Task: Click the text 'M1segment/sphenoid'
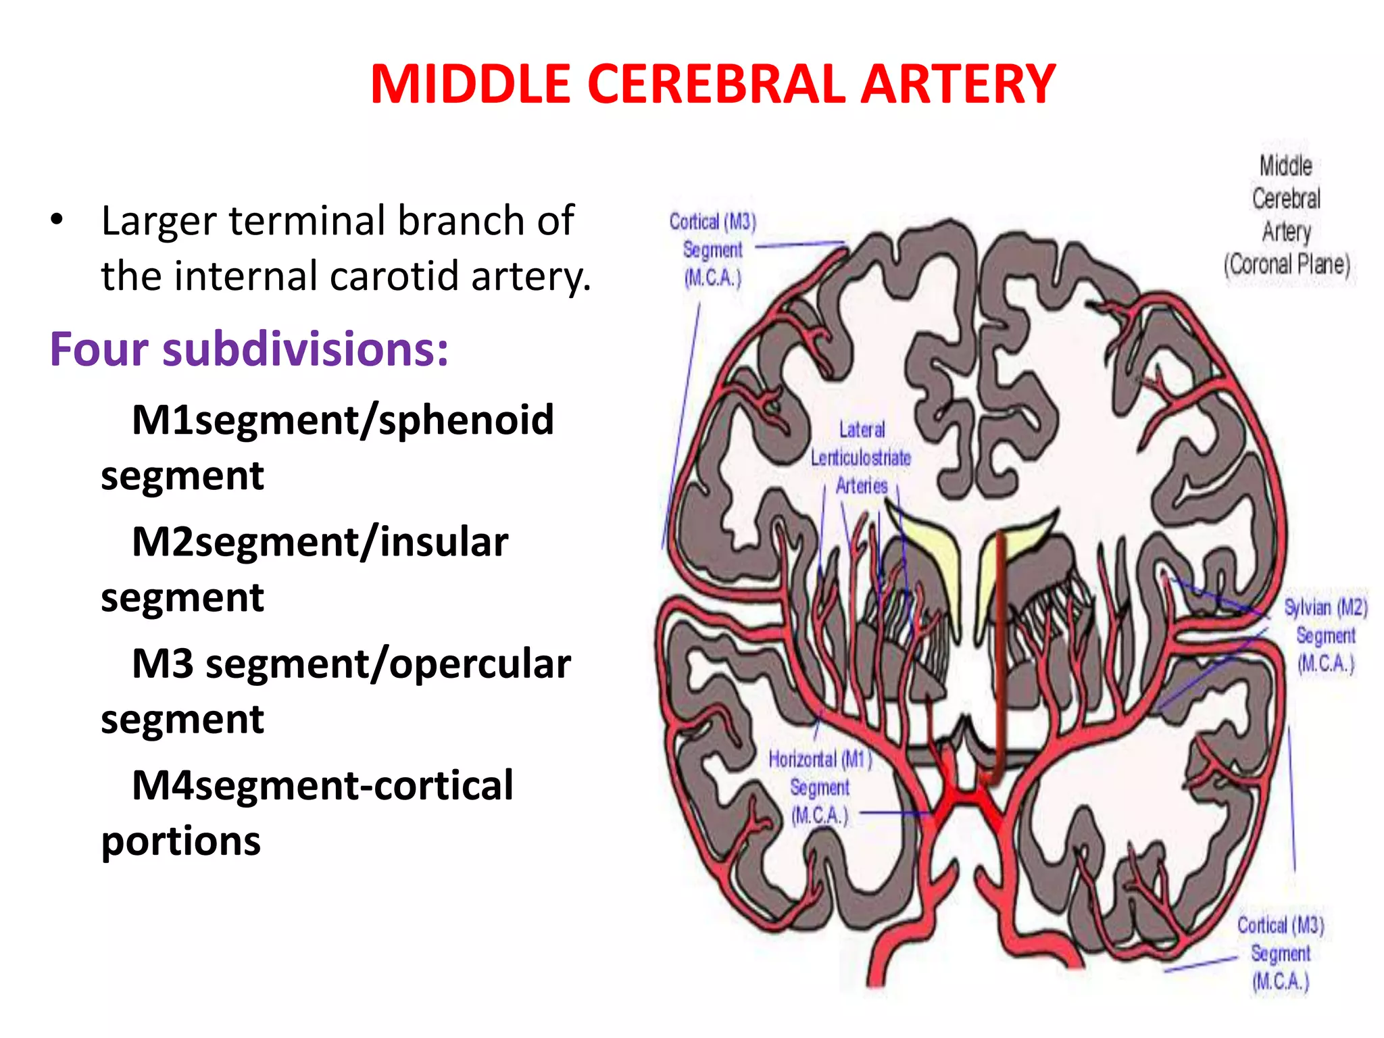pos(343,420)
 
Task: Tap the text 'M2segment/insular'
pos(320,542)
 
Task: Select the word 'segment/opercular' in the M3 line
pos(388,664)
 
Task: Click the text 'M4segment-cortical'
pos(322,785)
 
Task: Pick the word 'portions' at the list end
pos(180,841)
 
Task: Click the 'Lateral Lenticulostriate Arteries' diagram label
pos(861,458)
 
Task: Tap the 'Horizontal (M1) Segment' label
pos(820,787)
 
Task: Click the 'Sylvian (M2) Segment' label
pos(1325,635)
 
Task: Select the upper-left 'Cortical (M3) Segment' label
pos(712,249)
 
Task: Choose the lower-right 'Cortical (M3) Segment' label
pos(1280,953)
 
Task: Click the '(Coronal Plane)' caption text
pos(1286,264)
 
